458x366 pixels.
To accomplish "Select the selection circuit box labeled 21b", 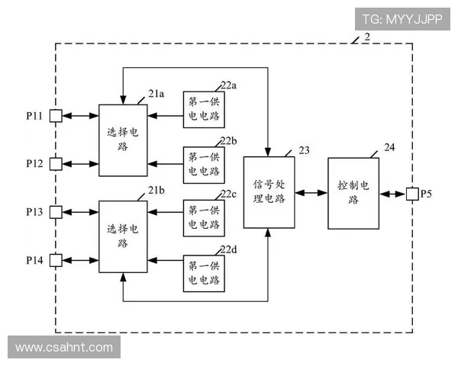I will coord(124,236).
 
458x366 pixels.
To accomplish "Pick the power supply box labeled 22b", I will coord(204,163).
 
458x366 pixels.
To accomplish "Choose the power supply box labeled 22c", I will coord(204,217).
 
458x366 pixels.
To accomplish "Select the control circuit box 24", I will coord(353,193).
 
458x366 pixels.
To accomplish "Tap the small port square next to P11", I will coord(56,116).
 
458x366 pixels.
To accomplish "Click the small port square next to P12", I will coord(56,163).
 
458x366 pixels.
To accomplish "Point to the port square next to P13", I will coord(56,211).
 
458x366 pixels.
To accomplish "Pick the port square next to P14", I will coord(56,261).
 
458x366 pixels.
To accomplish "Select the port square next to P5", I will coord(411,194).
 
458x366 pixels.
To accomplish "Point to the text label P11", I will coord(35,116).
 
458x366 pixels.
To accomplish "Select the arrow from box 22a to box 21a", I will coord(166,116).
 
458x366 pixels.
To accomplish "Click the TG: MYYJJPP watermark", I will coord(401,18).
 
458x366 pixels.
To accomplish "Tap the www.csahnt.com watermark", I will coord(64,348).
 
